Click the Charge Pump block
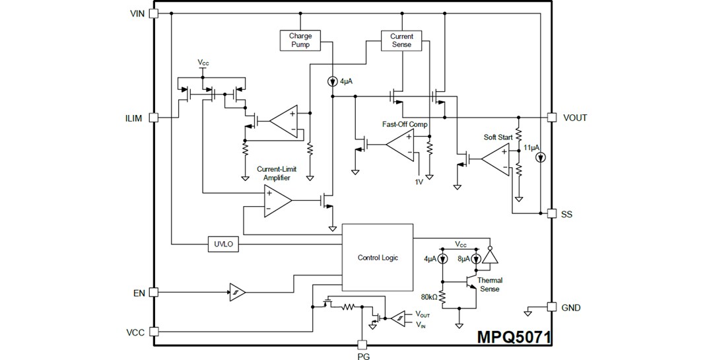pos(300,40)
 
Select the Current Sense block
pos(401,40)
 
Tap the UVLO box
pos(221,243)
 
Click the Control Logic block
pos(377,258)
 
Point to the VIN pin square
pos(154,13)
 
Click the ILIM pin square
pos(154,118)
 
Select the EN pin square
pos(154,291)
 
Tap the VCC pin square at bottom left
pos(154,332)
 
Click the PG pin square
pos(361,344)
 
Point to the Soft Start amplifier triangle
pos(494,159)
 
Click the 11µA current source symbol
pos(541,158)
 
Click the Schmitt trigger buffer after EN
pos(236,291)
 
